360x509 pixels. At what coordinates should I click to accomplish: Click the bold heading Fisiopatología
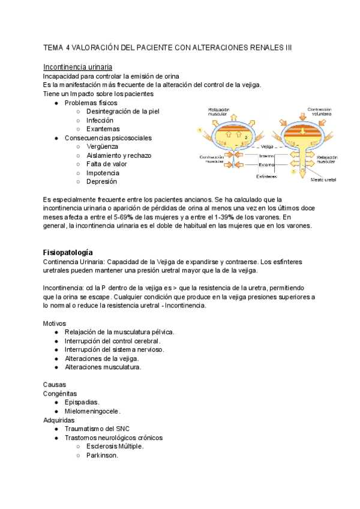(68, 252)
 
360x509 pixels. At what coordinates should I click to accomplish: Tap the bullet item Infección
(100, 120)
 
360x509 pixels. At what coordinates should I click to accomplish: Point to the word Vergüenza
(102, 146)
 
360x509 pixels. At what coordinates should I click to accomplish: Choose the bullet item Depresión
(101, 181)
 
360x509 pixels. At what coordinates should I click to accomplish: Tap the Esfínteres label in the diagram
(266, 176)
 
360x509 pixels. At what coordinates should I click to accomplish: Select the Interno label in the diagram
(267, 156)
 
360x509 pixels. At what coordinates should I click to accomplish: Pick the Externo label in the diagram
(267, 164)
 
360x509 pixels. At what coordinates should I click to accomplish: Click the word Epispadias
(82, 402)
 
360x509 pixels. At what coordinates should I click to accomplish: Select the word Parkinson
(102, 455)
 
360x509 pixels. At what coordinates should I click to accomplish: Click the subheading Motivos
(55, 323)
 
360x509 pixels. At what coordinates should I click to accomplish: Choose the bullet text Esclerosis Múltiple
(115, 447)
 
